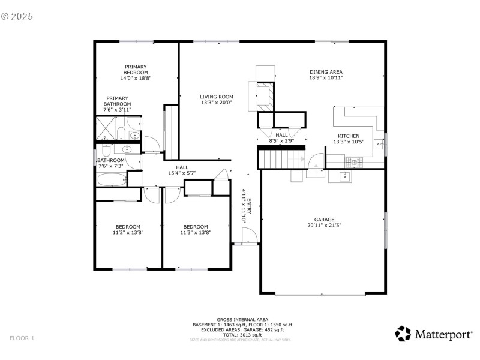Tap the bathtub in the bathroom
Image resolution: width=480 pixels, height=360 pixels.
(x=112, y=179)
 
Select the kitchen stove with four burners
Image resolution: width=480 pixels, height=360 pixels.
(x=353, y=161)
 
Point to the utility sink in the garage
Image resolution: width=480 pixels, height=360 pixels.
(x=346, y=176)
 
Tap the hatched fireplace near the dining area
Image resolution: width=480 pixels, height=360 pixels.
(x=265, y=94)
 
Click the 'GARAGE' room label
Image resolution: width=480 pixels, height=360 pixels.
(x=324, y=220)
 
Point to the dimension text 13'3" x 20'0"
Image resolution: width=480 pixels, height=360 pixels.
(x=217, y=103)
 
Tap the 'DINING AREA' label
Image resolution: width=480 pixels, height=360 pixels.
(x=326, y=71)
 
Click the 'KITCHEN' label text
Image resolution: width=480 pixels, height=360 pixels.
(x=349, y=136)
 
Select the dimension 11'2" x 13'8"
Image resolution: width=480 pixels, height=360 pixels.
(x=128, y=232)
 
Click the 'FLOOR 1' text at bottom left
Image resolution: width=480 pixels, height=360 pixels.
(x=22, y=338)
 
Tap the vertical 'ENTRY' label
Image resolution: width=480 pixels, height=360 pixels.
(x=249, y=208)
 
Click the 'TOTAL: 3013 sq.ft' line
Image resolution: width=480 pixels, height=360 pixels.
(x=242, y=335)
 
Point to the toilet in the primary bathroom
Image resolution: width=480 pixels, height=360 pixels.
(x=121, y=133)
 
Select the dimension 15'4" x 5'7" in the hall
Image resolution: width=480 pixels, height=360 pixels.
(x=182, y=173)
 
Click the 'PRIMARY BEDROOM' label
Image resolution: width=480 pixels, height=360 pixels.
(x=136, y=70)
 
